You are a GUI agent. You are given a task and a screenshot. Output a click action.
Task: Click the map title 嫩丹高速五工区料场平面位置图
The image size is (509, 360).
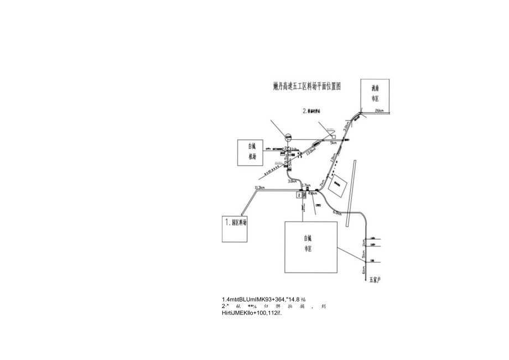(x=308, y=86)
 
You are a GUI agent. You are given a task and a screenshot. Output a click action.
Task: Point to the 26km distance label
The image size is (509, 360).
(x=379, y=111)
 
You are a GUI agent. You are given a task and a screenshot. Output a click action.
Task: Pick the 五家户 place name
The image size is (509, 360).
(x=375, y=280)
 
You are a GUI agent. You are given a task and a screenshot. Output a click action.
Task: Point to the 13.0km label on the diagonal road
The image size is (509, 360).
(x=310, y=149)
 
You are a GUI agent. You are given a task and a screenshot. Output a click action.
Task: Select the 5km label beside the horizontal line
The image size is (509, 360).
(x=334, y=143)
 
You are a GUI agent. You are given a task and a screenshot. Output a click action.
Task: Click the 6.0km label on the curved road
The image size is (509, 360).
(x=337, y=212)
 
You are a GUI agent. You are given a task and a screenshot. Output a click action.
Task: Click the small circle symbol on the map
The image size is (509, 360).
(x=288, y=136)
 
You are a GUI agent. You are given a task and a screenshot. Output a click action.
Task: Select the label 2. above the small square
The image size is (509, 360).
(x=305, y=111)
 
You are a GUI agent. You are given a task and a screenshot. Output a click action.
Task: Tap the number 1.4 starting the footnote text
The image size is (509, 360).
(x=226, y=299)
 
